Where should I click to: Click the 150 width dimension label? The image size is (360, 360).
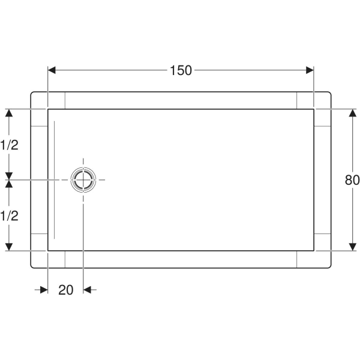[181, 70]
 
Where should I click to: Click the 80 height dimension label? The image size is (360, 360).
[352, 180]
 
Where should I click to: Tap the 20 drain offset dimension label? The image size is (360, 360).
[66, 290]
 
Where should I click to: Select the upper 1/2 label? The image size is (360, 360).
[9, 145]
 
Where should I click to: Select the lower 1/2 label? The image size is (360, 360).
[9, 216]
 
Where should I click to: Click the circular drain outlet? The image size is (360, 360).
[83, 180]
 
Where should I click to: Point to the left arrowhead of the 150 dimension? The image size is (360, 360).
[52, 70]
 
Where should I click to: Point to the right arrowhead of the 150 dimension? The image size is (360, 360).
[310, 70]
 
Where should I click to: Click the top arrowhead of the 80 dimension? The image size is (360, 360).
[352, 113]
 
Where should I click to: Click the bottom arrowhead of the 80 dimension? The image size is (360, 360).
[352, 247]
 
